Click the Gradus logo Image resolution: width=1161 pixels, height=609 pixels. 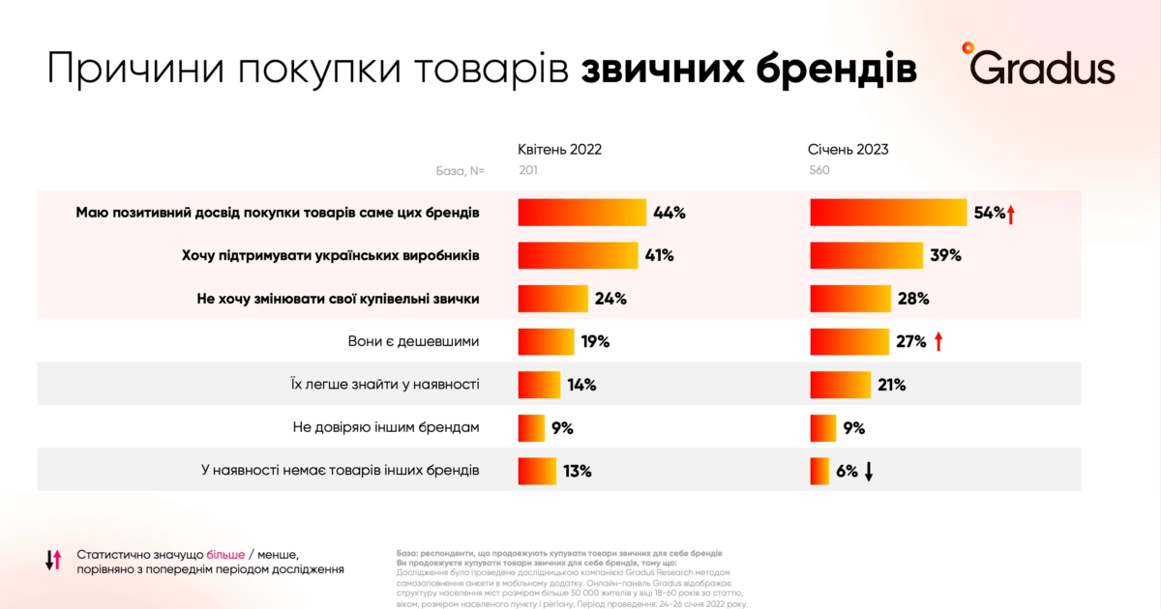coord(1038,66)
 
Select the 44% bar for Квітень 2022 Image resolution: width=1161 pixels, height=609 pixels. coord(581,213)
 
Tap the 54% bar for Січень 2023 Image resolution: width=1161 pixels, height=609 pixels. coord(888,213)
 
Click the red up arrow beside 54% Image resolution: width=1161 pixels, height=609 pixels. coord(1010,214)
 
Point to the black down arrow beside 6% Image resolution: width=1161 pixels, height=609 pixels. coord(869,472)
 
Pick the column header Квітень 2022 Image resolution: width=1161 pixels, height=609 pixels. coord(559,150)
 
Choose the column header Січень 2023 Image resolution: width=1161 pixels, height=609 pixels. coord(848,150)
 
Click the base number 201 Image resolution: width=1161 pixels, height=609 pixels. coord(527,171)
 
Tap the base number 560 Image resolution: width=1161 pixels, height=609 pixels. coord(819,171)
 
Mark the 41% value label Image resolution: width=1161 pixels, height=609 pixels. coord(659,256)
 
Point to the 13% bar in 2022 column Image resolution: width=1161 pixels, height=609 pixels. coord(537,472)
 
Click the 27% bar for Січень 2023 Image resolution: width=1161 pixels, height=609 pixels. coord(848,342)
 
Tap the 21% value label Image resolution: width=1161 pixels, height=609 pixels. coord(891,386)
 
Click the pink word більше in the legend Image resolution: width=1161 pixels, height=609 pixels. coord(224,554)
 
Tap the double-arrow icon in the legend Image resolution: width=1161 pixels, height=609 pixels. coord(53,560)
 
